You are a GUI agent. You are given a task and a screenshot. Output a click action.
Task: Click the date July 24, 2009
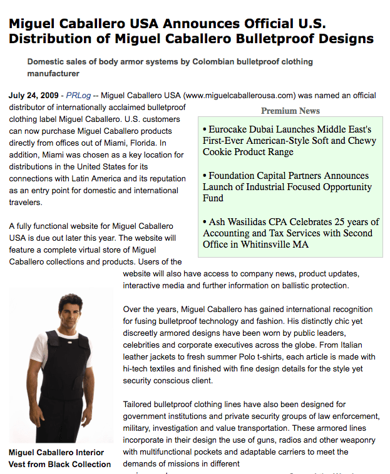click(34, 96)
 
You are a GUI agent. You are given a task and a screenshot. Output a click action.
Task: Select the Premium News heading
click(290, 111)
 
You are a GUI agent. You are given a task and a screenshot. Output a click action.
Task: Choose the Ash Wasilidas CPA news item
click(290, 233)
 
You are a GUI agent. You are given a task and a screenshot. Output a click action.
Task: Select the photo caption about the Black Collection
click(59, 458)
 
